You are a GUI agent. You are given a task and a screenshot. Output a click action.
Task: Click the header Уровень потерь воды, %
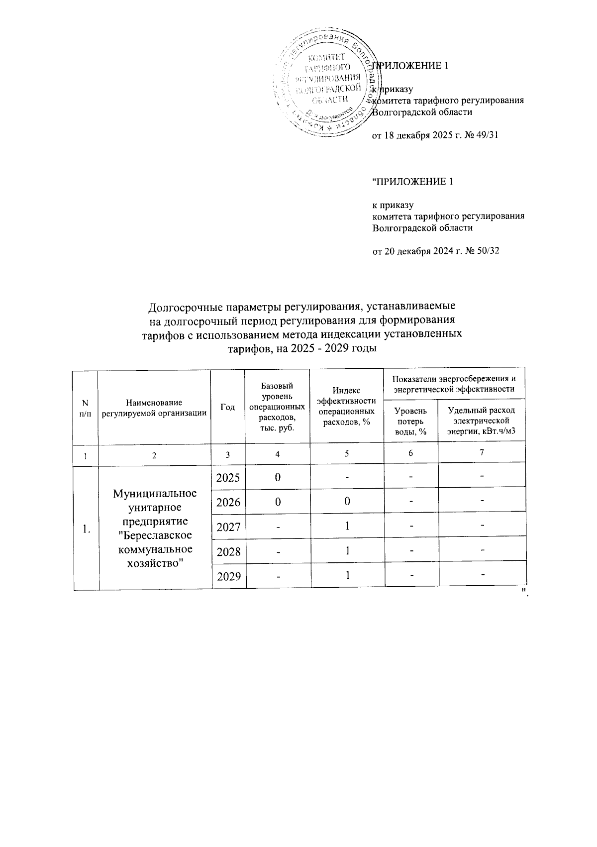pyautogui.click(x=410, y=421)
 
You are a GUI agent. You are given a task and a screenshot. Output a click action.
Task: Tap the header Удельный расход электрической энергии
pyautogui.click(x=481, y=421)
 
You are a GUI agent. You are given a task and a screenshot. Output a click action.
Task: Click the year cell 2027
pyautogui.click(x=229, y=527)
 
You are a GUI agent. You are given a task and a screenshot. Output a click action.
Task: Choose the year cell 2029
pyautogui.click(x=229, y=576)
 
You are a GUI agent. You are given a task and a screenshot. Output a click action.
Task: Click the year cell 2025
pyautogui.click(x=229, y=477)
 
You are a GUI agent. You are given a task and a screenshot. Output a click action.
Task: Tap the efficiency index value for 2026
pyautogui.click(x=347, y=501)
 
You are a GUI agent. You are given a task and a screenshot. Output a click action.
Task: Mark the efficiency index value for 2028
pyautogui.click(x=347, y=551)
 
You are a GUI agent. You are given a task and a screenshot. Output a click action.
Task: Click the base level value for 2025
pyautogui.click(x=278, y=477)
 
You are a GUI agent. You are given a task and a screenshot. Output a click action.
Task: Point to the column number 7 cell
pyautogui.click(x=482, y=453)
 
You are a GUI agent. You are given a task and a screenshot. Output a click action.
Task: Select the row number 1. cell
pyautogui.click(x=86, y=529)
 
